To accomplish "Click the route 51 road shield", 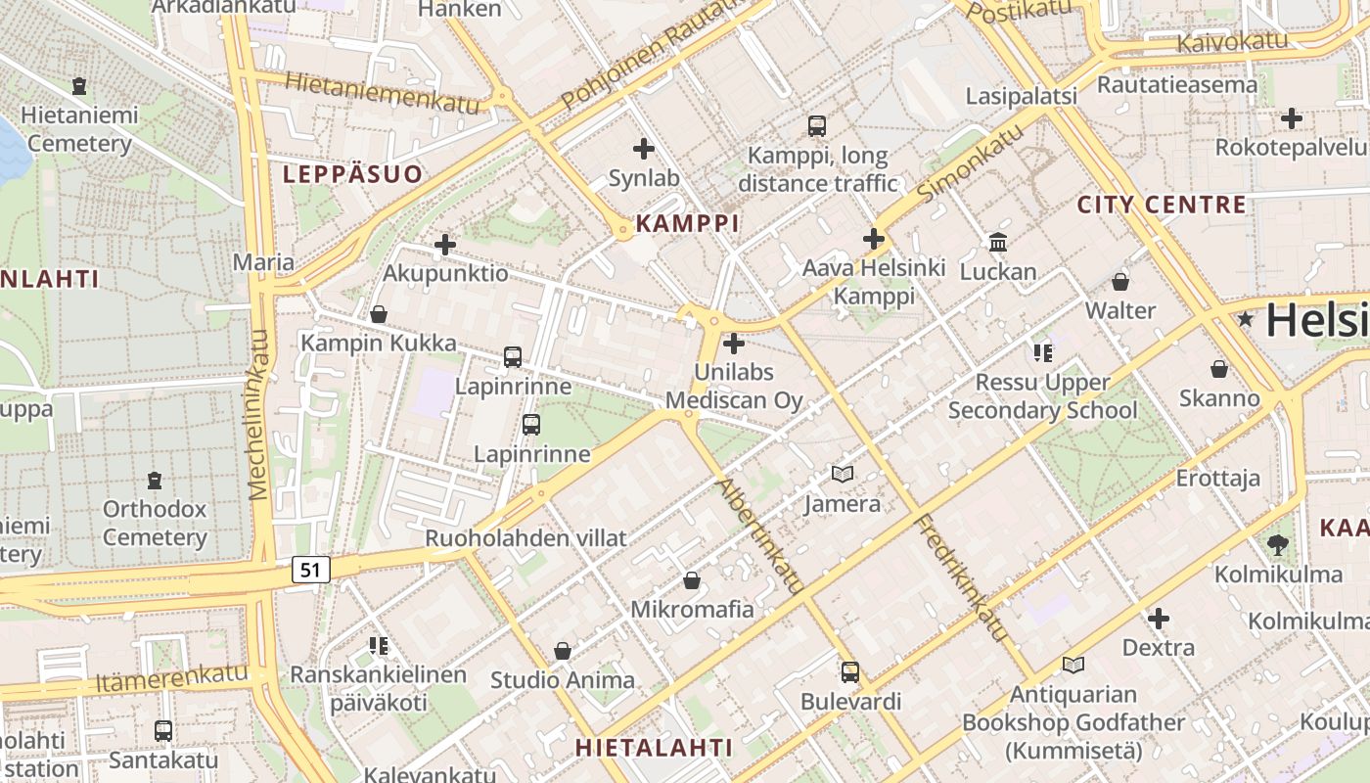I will pos(310,570).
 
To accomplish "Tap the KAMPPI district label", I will pos(687,223).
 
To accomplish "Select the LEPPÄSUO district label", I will pos(353,175).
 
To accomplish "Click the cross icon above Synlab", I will pos(644,149).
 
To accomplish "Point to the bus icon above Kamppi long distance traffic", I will pos(817,125).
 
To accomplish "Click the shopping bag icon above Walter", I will pos(1120,282).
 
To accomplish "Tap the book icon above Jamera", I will pos(842,474).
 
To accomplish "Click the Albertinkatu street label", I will pos(759,535).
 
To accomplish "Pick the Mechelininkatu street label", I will pos(259,414).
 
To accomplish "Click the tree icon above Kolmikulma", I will pos(1278,544).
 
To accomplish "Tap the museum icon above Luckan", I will pos(998,242).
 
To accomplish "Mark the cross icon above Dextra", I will pos(1159,619).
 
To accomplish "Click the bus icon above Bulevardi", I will pos(850,672).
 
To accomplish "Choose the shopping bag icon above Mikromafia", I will pos(692,580).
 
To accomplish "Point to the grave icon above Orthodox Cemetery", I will pos(155,481).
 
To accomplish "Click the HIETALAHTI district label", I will pos(653,748).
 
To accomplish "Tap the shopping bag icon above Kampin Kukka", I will pos(379,314).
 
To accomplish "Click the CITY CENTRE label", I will pos(1162,206).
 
